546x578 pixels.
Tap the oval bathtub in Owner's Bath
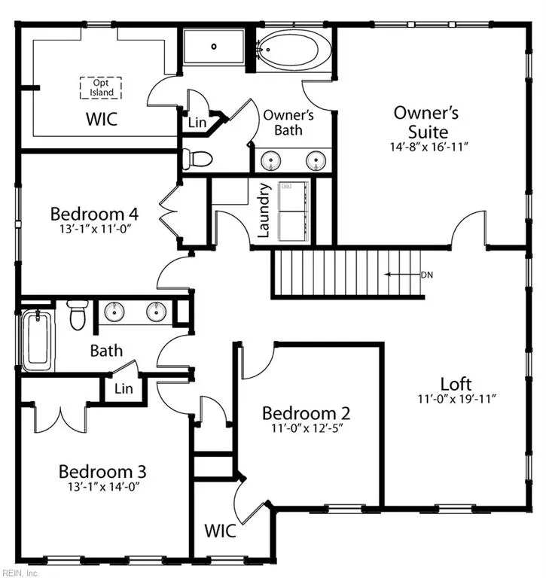point(288,50)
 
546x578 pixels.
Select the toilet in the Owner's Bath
point(198,160)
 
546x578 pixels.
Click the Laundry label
point(264,211)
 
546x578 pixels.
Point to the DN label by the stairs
point(427,275)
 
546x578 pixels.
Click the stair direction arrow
point(402,274)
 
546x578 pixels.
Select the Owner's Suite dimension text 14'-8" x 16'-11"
point(429,147)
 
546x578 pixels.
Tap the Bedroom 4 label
point(94,214)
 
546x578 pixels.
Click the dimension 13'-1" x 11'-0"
point(96,229)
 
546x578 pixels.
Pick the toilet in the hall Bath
point(78,315)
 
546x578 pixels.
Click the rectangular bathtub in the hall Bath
point(37,340)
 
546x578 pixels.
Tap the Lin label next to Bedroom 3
point(124,388)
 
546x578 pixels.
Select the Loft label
point(456,384)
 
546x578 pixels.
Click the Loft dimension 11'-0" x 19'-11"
point(456,399)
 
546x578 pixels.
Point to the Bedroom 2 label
point(306,413)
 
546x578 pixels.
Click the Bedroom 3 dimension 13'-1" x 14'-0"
point(103,487)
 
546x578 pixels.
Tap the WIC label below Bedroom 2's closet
point(220,531)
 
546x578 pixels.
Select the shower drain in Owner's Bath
point(214,47)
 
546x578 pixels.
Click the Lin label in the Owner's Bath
point(197,123)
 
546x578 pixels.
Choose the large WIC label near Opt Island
point(102,119)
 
